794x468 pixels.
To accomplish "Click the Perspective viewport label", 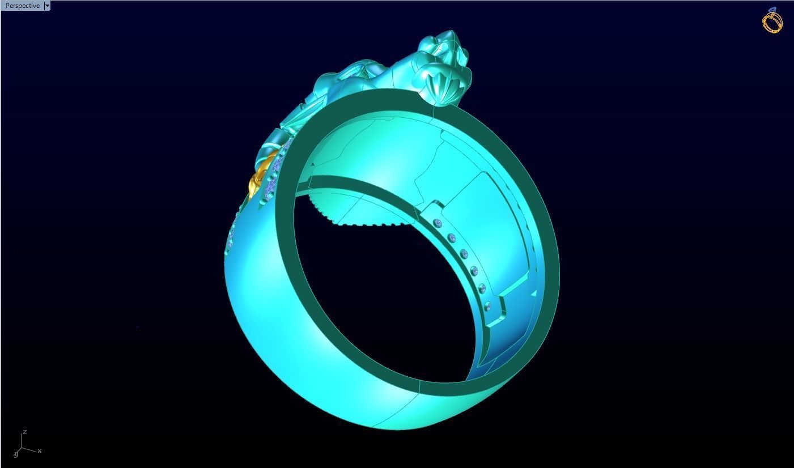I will click(23, 6).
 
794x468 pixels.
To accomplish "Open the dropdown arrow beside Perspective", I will click(47, 6).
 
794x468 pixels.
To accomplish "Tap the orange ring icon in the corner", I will click(772, 20).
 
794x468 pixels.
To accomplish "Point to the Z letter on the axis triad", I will click(26, 432).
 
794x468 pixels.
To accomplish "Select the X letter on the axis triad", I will click(40, 450).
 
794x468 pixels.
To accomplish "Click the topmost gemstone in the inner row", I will click(437, 224).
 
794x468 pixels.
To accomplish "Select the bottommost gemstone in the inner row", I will click(488, 307).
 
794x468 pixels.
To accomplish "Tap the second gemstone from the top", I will click(452, 237).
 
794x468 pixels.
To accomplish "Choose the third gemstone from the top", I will click(464, 253).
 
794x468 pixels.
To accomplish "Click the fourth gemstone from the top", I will click(474, 271).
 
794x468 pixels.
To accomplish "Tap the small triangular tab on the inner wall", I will click(533, 293).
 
